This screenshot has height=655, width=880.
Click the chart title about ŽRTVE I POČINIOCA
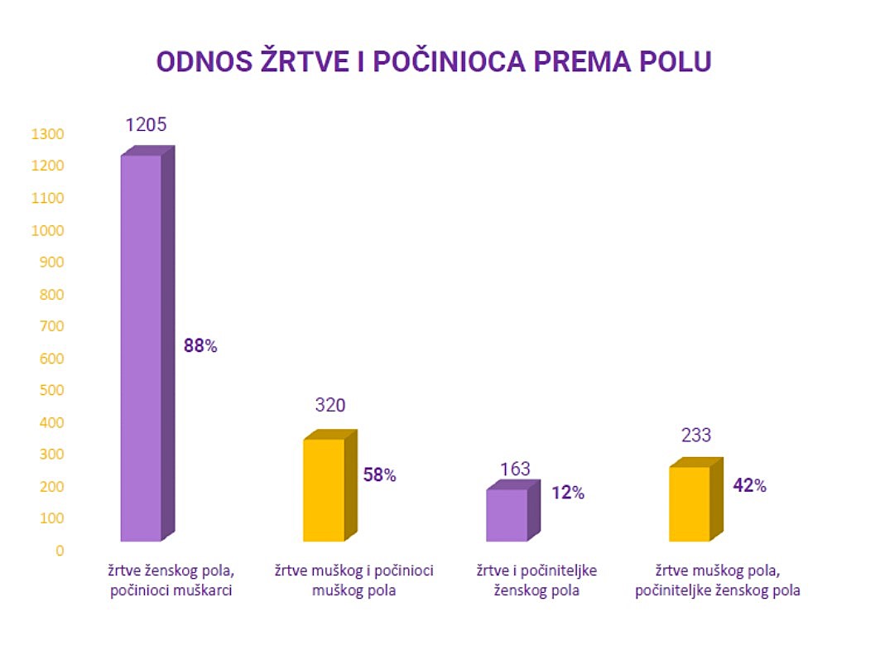click(x=434, y=63)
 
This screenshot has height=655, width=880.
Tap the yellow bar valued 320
click(x=325, y=489)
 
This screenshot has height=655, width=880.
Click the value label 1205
click(x=147, y=125)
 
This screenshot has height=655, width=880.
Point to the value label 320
click(x=329, y=406)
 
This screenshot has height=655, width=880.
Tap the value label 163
click(x=515, y=470)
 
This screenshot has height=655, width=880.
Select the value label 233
click(x=695, y=436)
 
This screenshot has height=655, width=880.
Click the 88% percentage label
click(x=200, y=346)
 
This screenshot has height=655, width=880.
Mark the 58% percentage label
click(x=380, y=475)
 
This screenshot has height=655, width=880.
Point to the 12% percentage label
click(x=568, y=493)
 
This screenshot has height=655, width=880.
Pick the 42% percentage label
click(x=750, y=486)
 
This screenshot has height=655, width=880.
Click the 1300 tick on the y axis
click(x=47, y=134)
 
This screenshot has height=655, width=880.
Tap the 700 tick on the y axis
click(x=50, y=326)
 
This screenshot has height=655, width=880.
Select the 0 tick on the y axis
click(x=59, y=551)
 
